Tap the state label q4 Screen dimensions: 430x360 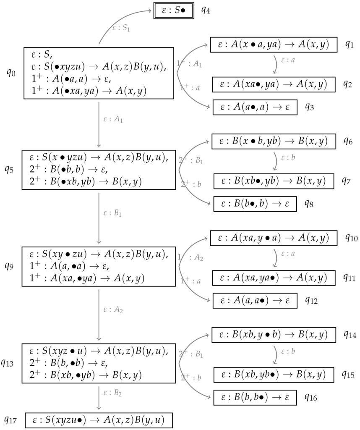pos(206,10)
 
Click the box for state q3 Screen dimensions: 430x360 pos(255,107)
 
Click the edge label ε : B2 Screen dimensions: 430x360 pos(113,394)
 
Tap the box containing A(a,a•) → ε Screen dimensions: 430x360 pos(255,300)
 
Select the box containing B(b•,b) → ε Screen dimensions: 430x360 pos(255,204)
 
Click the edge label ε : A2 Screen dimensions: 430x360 pos(113,311)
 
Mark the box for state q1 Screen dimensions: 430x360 pos(274,44)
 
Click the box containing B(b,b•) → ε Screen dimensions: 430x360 pos(255,397)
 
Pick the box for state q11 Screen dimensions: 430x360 pos(274,278)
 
